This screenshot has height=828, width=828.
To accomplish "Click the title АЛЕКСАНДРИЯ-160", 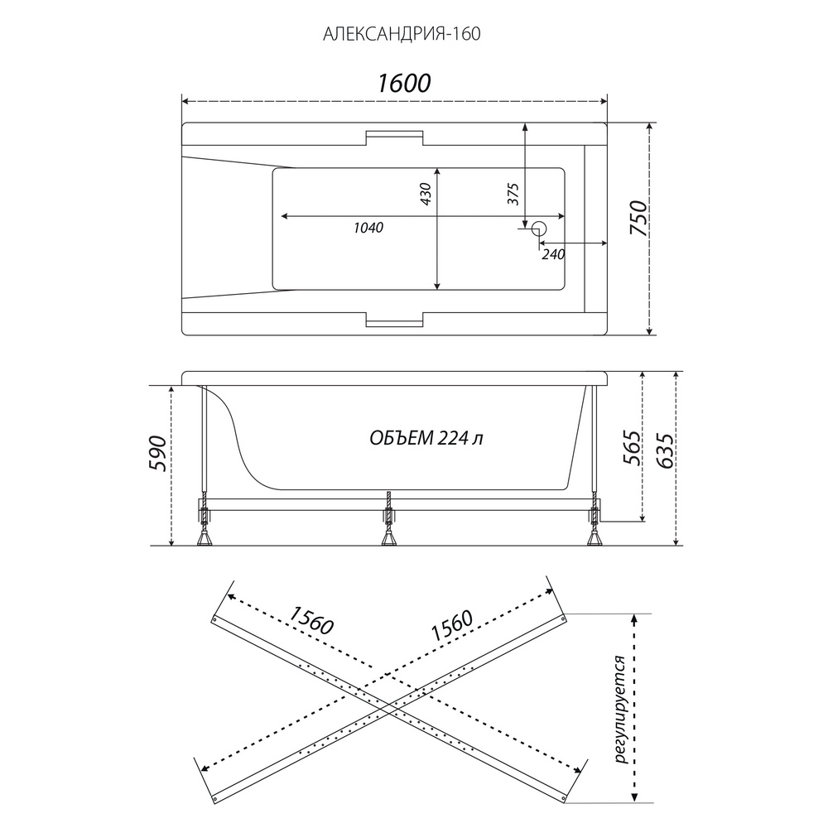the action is click(x=402, y=34).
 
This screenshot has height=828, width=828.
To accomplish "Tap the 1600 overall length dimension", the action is click(x=404, y=84).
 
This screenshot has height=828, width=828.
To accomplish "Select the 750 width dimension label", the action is click(x=638, y=219).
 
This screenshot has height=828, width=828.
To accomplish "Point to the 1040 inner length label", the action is click(x=368, y=228).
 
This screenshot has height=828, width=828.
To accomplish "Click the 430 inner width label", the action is click(x=426, y=194).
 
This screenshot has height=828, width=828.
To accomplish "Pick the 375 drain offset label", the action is click(x=513, y=194).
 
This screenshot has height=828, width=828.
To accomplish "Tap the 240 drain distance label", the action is click(x=553, y=254).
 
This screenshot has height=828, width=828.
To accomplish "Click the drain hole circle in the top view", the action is click(x=539, y=229).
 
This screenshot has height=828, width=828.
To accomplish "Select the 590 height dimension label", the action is click(x=158, y=453).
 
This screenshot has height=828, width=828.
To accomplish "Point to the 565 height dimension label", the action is click(x=633, y=448).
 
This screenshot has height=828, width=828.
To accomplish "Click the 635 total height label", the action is click(x=665, y=450).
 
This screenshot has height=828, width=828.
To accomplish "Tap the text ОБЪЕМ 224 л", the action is click(x=426, y=438).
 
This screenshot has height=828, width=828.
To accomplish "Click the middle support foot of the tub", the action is click(x=389, y=537).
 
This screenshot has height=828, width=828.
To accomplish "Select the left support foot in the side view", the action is click(x=204, y=537).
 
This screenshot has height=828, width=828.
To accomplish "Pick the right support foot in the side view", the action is click(x=595, y=537).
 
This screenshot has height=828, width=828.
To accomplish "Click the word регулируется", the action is click(x=621, y=710).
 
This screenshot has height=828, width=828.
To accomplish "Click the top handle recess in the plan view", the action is click(x=394, y=137).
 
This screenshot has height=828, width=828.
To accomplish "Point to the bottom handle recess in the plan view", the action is click(x=394, y=320).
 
